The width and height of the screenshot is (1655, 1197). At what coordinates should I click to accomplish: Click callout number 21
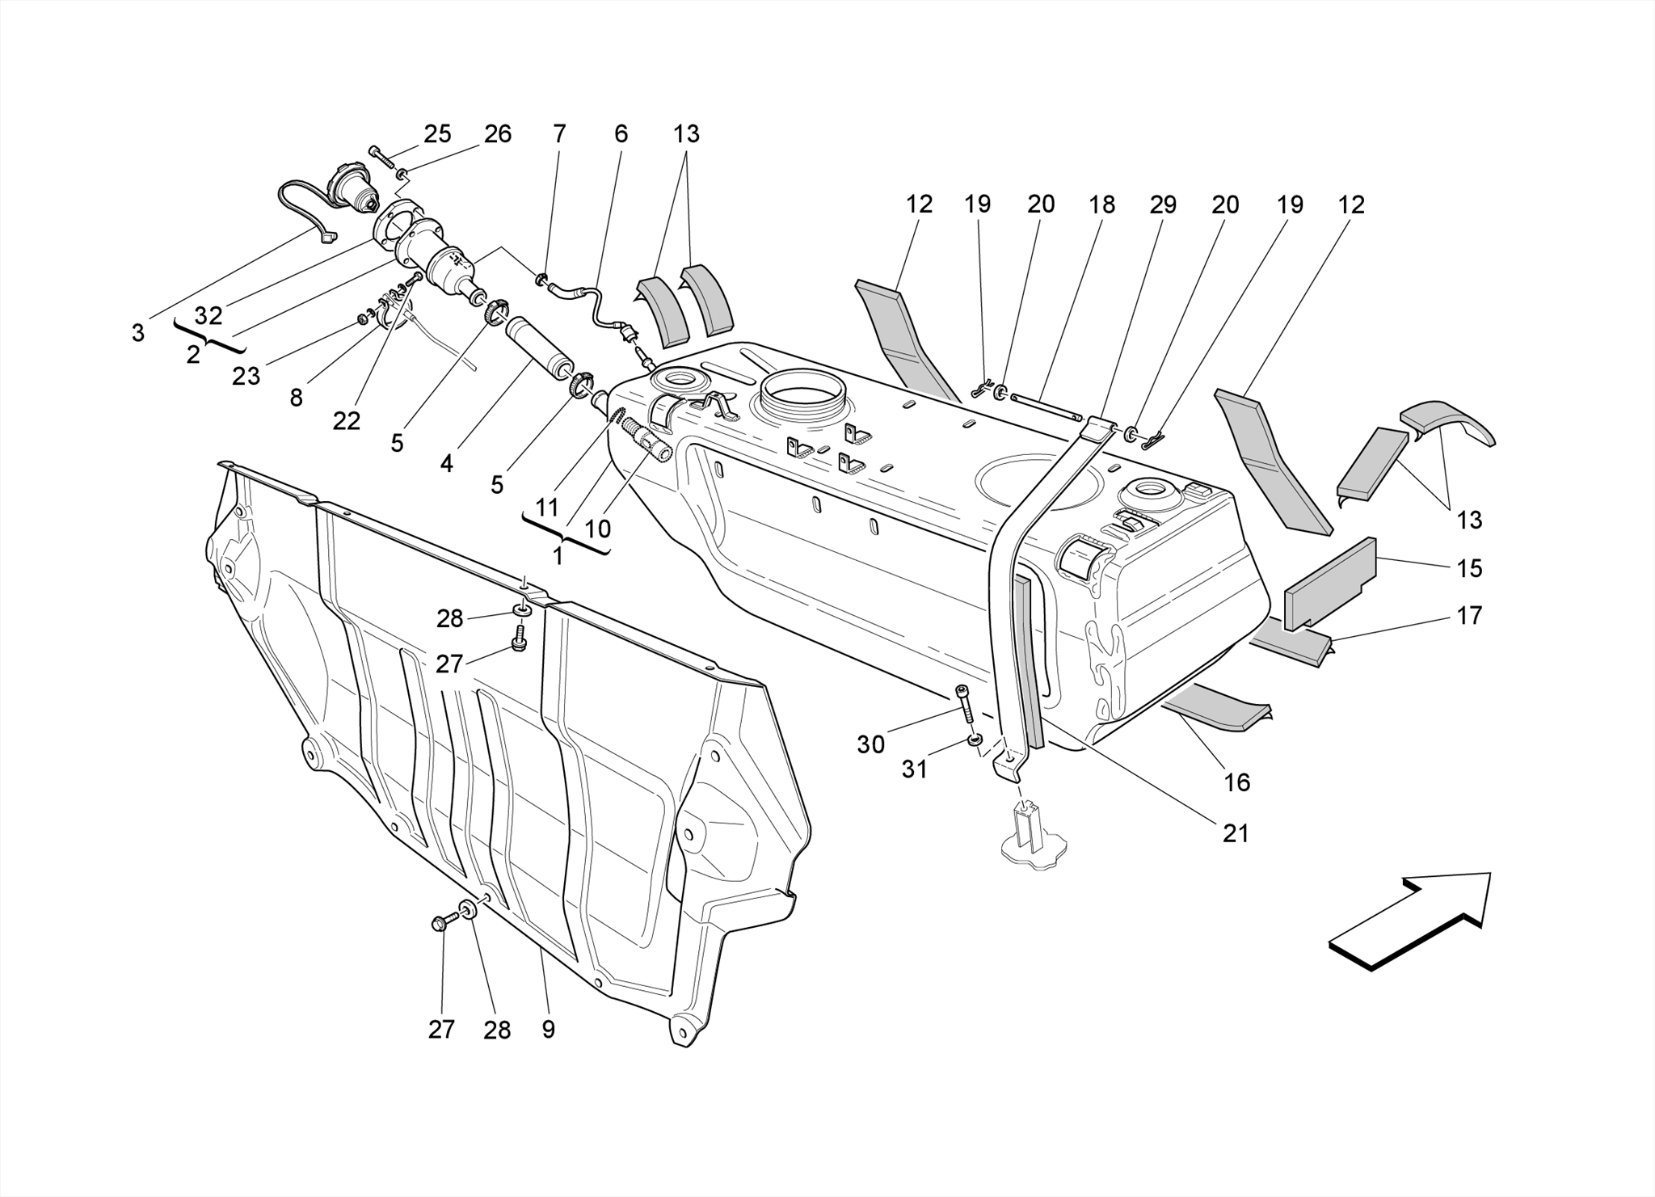coord(1236,833)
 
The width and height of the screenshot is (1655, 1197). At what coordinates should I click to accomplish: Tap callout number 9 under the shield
coord(549,1029)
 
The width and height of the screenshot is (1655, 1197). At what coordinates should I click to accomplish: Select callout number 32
coord(208,315)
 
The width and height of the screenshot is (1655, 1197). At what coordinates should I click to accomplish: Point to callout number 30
coord(870,744)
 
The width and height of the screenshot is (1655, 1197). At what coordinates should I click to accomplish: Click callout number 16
coord(1237,782)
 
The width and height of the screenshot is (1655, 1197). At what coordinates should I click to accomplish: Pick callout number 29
coord(1163,204)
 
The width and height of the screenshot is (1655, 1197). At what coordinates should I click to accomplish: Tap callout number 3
coord(138,332)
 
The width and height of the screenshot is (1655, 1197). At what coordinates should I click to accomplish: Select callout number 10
coord(597,529)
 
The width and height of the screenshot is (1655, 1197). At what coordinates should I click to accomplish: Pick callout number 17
coord(1469,616)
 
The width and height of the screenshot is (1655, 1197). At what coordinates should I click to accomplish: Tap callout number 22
coord(346,420)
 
